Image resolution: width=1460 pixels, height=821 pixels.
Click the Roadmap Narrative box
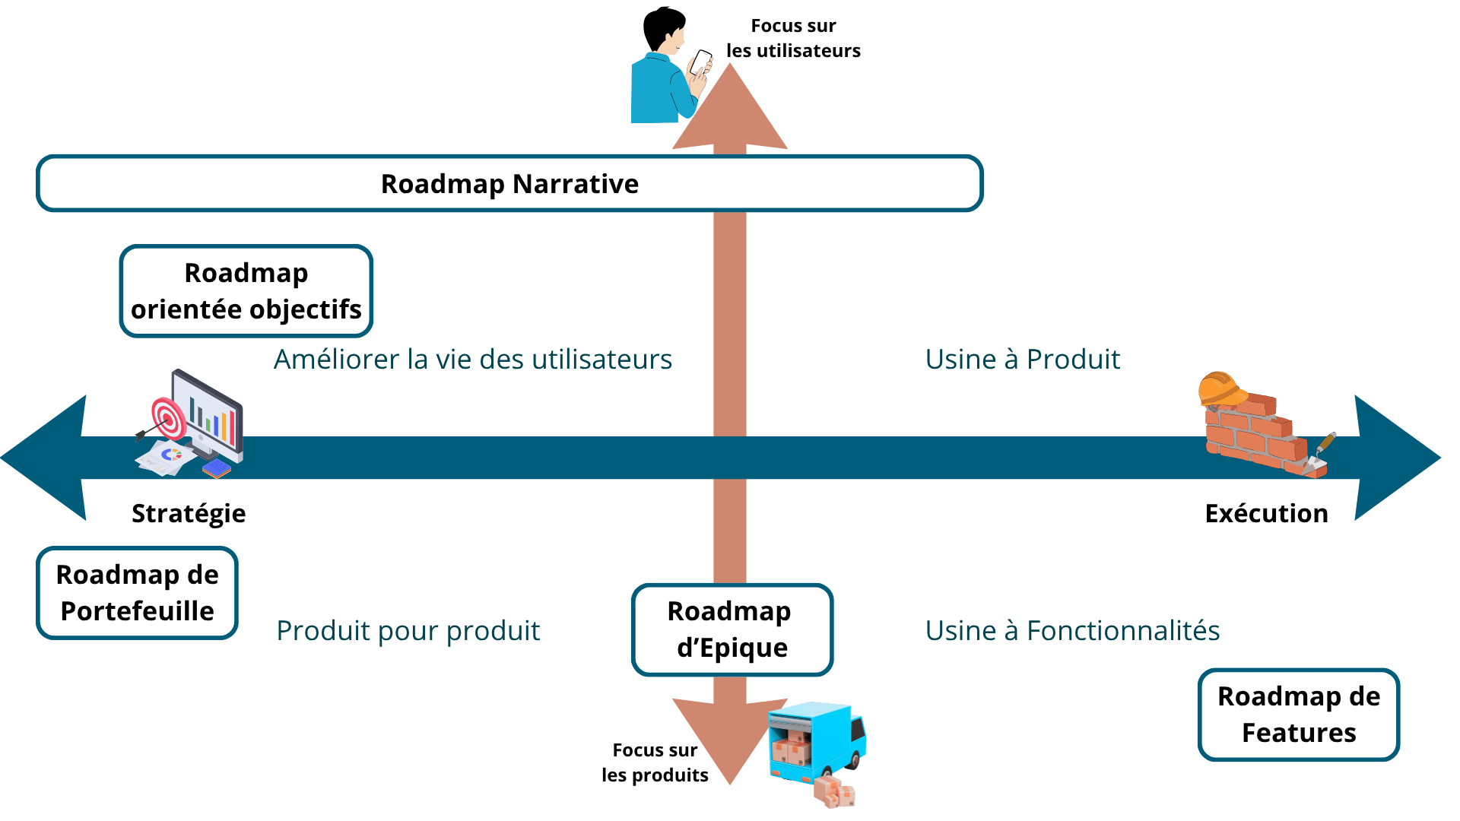coord(509,184)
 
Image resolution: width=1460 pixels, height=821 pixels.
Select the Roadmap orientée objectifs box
coord(246,291)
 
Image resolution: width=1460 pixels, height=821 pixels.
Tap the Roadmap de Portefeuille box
coord(137,593)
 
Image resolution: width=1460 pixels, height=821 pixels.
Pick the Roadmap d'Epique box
coord(732,629)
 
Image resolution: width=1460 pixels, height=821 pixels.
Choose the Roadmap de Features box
coord(1298,715)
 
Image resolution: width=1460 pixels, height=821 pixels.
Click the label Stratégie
coord(189,514)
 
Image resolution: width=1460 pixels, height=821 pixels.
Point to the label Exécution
coord(1266,514)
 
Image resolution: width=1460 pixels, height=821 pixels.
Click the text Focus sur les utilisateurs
coord(793,38)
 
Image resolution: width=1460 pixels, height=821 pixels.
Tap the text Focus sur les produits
coord(655,762)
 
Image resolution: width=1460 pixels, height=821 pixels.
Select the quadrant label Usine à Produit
coord(1022,360)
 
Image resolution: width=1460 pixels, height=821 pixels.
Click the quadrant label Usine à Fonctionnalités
coord(1072,631)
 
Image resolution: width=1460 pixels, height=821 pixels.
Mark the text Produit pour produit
coord(408,631)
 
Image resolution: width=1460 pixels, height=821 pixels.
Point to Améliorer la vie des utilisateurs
coord(473,360)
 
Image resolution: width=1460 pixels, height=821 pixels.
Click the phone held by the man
coord(700,61)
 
